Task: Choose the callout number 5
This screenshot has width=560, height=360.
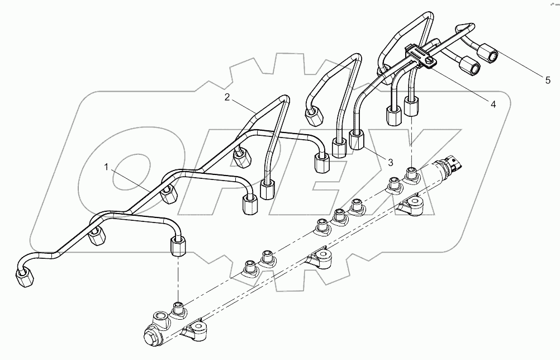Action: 548,80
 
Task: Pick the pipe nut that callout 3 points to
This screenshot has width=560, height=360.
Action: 355,138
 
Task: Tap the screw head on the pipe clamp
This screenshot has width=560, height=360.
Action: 429,60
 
